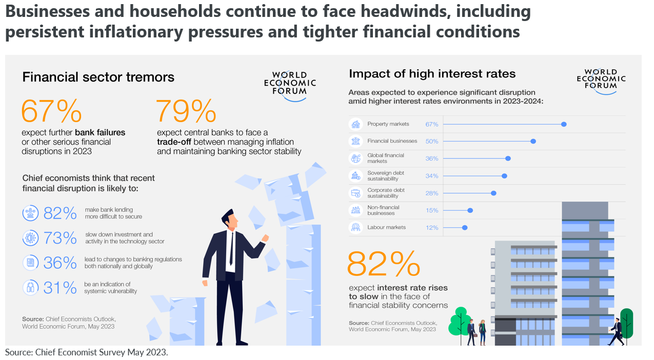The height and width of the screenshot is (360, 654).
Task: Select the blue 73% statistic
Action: [60, 238]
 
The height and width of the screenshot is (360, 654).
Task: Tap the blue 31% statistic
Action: [60, 288]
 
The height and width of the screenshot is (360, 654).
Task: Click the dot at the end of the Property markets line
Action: [564, 124]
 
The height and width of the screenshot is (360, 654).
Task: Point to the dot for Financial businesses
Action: [533, 141]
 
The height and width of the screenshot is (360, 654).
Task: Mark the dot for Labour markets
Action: [465, 228]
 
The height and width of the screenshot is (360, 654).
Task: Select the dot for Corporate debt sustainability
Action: [493, 193]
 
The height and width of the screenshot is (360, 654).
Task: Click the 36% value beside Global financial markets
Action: [432, 158]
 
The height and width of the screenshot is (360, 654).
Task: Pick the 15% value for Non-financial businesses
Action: [432, 210]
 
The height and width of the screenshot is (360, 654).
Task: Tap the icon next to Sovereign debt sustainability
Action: [355, 176]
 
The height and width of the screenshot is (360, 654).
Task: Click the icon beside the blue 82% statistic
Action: [31, 213]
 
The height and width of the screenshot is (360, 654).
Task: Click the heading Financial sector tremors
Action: [98, 77]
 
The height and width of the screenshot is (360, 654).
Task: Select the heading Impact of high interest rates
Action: [432, 74]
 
